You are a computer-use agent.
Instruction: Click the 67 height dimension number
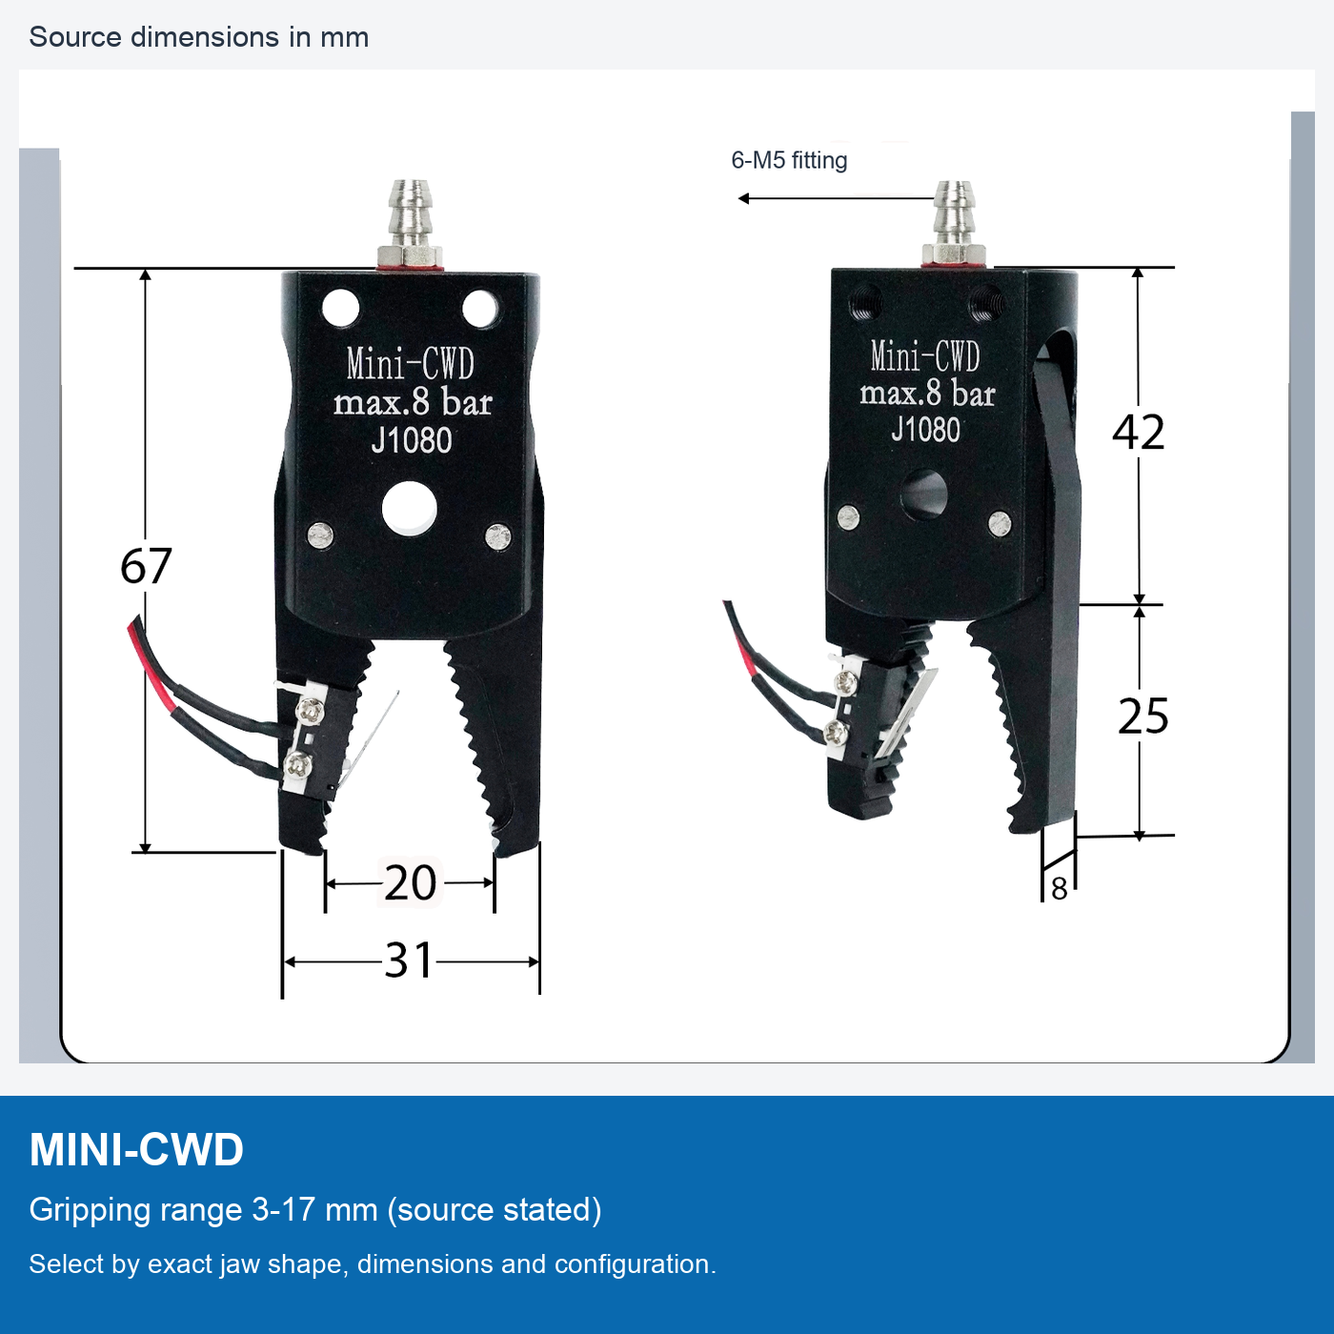pos(146,566)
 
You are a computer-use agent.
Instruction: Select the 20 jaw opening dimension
pos(410,882)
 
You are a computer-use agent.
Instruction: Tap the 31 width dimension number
pos(409,960)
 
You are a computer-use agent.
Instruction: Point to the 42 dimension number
pos(1138,433)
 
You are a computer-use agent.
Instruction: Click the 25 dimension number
pos(1142,716)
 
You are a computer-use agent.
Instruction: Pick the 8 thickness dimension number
pos(1060,889)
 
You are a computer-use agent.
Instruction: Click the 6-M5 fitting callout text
pos(789,161)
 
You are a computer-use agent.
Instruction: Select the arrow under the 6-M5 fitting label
pos(837,199)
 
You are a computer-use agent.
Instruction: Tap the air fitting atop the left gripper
pos(409,225)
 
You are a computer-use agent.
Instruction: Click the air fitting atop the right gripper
pos(955,223)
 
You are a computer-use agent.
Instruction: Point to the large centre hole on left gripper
pos(409,509)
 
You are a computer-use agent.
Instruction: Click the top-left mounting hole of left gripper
pos(340,308)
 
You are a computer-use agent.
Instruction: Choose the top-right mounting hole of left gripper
pos(480,308)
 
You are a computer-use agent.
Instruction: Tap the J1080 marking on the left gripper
pos(412,440)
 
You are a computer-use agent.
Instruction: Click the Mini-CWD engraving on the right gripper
pos(925,355)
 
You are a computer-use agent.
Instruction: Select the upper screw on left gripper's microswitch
pos(311,710)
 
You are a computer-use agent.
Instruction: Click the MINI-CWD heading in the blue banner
pos(136,1150)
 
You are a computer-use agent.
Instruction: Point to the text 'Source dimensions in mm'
pos(199,37)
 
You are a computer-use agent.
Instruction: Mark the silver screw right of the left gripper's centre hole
pos(498,536)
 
